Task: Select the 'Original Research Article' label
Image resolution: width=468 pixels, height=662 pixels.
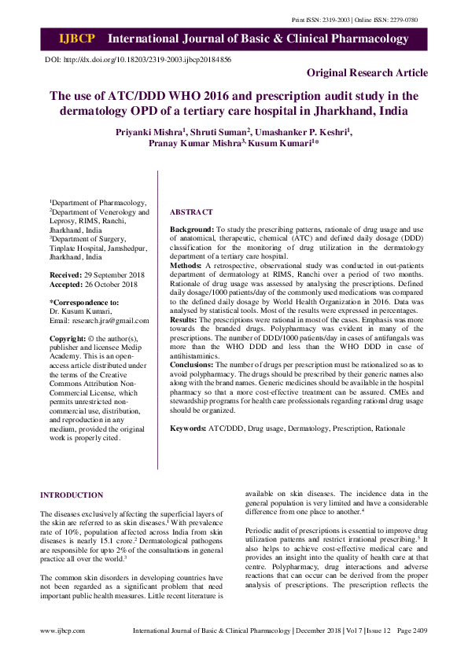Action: click(x=367, y=73)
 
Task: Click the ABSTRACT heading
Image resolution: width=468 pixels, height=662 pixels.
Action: click(x=191, y=212)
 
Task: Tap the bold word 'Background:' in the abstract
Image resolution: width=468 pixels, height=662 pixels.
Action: click(x=192, y=228)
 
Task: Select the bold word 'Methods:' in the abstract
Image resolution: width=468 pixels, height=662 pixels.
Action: click(x=186, y=267)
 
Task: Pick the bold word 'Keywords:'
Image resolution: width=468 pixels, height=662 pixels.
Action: click(x=189, y=428)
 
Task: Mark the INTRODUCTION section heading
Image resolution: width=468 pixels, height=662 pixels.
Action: click(x=72, y=495)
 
